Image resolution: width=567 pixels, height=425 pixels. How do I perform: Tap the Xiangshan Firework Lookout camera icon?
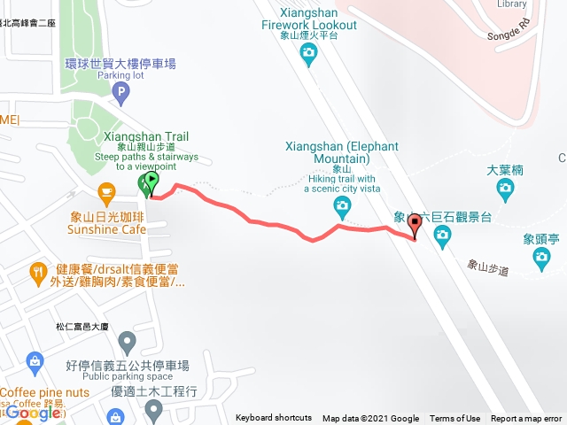pos(308,56)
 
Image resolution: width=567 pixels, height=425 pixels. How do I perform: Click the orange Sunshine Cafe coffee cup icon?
pos(107,190)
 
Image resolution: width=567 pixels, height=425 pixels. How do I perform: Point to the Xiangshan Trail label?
pos(146,137)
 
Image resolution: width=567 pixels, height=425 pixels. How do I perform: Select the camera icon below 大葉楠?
pos(505,187)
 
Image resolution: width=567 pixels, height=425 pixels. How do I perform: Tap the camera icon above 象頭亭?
pos(541,258)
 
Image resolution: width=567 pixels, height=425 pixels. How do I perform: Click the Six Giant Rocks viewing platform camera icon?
pos(442,235)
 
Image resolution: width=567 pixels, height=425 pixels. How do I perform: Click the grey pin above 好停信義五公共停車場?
pos(128,342)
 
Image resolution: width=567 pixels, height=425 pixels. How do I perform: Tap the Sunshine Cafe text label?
pos(107,228)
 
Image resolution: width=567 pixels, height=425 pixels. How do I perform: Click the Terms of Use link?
pos(454,419)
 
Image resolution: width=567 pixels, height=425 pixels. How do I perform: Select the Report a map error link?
pos(526,419)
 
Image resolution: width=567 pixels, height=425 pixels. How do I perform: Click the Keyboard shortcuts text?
pos(274,419)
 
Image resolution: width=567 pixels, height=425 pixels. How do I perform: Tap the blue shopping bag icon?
pos(34,360)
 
